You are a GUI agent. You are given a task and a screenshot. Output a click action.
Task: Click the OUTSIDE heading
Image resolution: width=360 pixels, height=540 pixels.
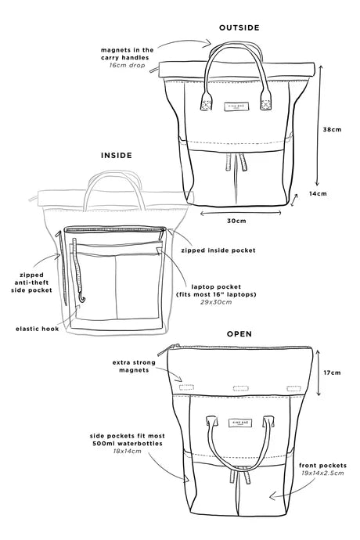(239, 28)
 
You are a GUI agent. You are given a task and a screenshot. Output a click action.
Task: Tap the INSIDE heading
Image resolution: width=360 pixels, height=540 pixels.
(117, 156)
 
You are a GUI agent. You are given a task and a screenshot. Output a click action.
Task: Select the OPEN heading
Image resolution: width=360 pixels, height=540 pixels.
(239, 334)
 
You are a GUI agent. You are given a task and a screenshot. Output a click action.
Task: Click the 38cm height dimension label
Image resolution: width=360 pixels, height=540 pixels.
(332, 130)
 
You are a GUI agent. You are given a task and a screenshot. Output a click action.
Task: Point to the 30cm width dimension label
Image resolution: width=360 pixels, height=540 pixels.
(236, 221)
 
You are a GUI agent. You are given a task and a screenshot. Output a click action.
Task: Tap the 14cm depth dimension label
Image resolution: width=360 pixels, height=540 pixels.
(318, 194)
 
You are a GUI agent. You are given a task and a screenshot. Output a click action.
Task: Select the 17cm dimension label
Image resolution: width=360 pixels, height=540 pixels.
(332, 373)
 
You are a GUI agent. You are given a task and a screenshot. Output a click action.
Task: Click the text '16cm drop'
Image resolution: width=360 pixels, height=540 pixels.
(127, 65)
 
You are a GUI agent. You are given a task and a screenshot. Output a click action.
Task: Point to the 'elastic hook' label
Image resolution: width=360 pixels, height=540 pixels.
(38, 329)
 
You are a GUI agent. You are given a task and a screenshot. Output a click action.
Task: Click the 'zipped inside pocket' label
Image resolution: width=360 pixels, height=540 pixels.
(218, 250)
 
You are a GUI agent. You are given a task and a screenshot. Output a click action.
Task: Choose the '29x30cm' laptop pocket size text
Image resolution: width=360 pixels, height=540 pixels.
(216, 302)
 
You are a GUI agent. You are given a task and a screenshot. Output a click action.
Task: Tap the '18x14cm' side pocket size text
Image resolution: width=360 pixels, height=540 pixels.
(127, 451)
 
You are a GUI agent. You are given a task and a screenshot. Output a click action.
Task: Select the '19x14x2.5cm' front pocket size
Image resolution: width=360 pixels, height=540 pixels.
(322, 473)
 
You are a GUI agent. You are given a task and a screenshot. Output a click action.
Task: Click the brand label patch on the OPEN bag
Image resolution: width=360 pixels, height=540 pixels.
(238, 423)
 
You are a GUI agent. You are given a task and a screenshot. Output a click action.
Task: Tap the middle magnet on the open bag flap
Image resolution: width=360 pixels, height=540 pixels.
(241, 388)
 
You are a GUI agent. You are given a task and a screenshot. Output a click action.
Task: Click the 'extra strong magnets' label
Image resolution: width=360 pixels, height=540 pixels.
(134, 366)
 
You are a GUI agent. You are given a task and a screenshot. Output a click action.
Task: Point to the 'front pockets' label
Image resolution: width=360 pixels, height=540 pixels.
(322, 466)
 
